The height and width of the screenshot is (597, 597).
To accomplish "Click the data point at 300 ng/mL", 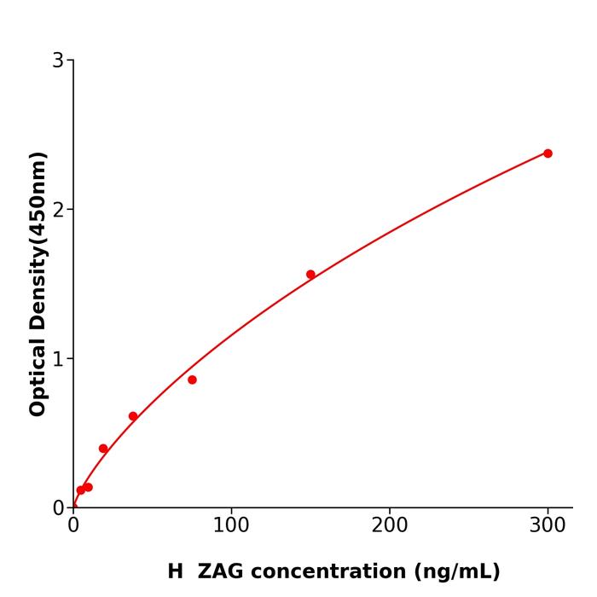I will click(548, 154).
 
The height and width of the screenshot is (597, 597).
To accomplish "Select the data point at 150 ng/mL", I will click(310, 275).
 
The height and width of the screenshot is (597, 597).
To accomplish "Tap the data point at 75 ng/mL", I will click(192, 380).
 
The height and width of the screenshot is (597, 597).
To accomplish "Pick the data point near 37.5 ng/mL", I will click(133, 416).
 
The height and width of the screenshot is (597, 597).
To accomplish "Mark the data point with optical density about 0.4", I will click(103, 449).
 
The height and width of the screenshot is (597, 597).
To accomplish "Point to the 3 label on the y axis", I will click(58, 61).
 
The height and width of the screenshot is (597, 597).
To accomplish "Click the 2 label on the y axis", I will click(58, 209).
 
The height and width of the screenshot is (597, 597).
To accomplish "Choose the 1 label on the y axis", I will click(58, 358).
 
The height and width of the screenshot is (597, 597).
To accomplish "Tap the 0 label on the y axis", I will click(58, 507).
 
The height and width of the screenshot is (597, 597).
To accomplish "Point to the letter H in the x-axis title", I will click(175, 571).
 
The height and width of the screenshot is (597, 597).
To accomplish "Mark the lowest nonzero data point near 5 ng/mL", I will click(81, 490).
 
